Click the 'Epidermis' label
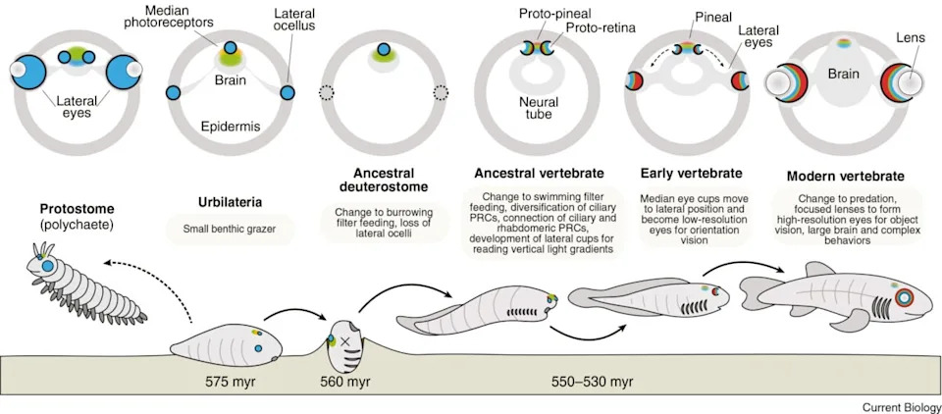(x=227, y=128)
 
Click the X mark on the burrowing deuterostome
(x=344, y=341)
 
